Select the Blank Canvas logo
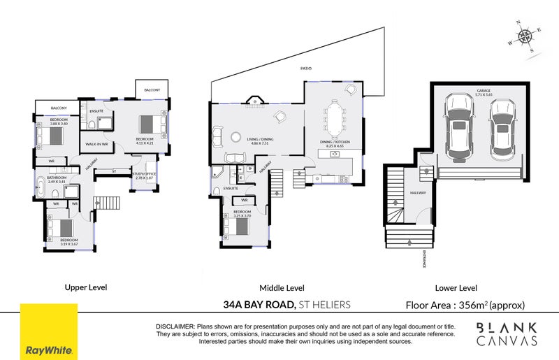507,334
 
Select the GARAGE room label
484,90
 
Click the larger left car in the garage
459,127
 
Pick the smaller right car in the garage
502,129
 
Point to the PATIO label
305,69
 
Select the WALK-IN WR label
96,143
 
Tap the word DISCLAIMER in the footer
175,326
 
